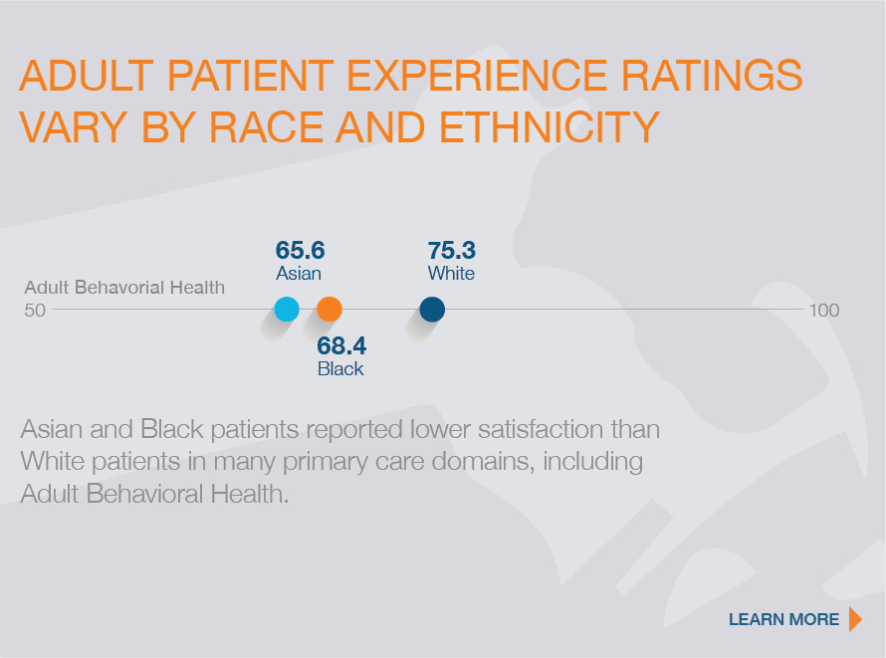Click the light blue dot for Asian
(x=287, y=310)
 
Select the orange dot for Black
(x=330, y=310)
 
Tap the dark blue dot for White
(x=432, y=310)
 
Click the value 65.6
(x=301, y=251)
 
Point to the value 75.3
(x=452, y=251)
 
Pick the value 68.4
(x=341, y=346)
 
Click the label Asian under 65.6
(x=299, y=273)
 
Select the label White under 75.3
(x=451, y=273)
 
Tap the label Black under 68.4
(x=340, y=369)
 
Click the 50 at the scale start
(x=35, y=311)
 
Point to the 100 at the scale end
(x=824, y=311)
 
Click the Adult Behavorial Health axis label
(x=124, y=288)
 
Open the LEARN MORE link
(x=783, y=619)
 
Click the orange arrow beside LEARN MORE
(x=854, y=619)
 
